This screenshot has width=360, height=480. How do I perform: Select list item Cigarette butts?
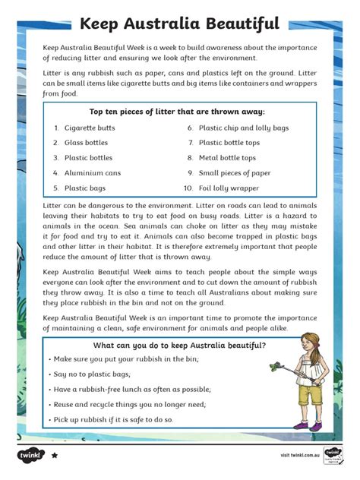90,128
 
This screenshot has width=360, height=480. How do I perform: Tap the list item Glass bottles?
86,143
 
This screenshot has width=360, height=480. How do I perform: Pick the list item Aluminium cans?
92,172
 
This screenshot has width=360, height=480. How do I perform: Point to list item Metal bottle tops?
227,158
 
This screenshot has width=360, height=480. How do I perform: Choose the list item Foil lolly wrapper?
229,188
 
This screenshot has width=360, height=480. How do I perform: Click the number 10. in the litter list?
188,188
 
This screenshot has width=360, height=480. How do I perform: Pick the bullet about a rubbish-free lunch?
122,390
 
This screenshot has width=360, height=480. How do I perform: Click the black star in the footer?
55,456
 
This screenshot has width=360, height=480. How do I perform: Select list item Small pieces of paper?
235,172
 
